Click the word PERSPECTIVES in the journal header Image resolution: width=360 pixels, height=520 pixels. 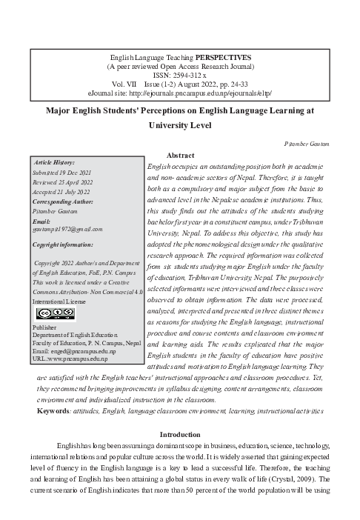pos(224,57)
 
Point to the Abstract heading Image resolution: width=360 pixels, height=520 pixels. pos(181,155)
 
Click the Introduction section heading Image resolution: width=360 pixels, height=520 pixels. pos(181,434)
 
